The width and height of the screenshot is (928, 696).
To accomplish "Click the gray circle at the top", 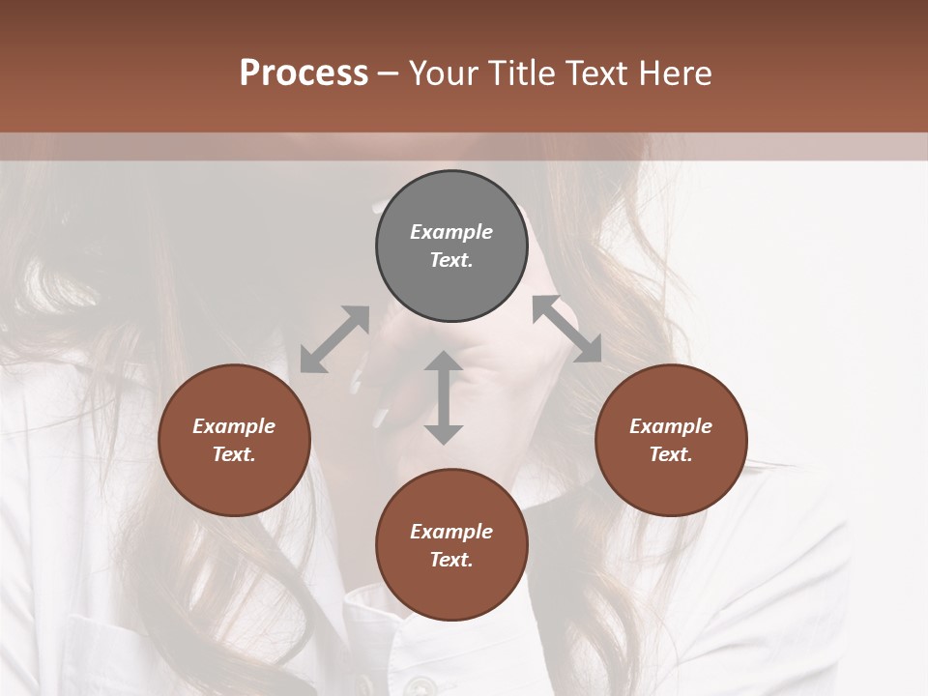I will pos(451,246).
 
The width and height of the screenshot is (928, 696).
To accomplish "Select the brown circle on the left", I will pos(234,440).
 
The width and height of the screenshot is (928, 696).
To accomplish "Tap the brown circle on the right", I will pos(671,440).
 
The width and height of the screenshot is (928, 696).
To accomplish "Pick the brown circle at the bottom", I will pos(451,545).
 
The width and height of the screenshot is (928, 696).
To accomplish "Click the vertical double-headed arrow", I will pos(444,397).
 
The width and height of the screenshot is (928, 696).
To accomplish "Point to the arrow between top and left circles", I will pos(334,339).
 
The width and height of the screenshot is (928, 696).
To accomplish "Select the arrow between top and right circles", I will pos(567,329).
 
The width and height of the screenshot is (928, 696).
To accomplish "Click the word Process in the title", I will pos(304,72).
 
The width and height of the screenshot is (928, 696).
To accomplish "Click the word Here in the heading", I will pos(678,72).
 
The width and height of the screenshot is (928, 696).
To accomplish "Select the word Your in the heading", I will pos(441,72).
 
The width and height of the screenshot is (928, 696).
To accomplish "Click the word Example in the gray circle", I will pos(451,232).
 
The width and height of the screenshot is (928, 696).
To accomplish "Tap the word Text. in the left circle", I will pos(234,454).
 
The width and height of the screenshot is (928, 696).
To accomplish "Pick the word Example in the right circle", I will pos(671,426).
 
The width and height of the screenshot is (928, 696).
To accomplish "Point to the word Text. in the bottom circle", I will pos(451,560).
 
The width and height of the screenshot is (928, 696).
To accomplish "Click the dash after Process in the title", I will pos(388,73).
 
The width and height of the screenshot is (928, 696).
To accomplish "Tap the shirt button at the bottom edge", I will pos(419,685).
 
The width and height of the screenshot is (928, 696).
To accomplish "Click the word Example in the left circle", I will pos(234,426).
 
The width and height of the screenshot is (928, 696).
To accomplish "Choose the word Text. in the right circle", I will pos(671,454).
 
